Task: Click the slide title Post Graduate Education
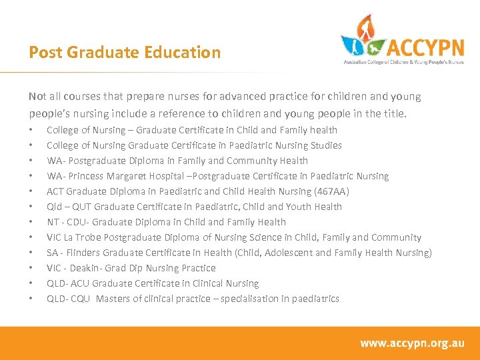[x=125, y=52]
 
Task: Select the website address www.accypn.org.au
[x=412, y=343]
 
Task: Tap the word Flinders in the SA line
[x=84, y=253]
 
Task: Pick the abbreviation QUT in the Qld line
[x=84, y=207]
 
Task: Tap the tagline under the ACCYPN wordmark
[x=403, y=61]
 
